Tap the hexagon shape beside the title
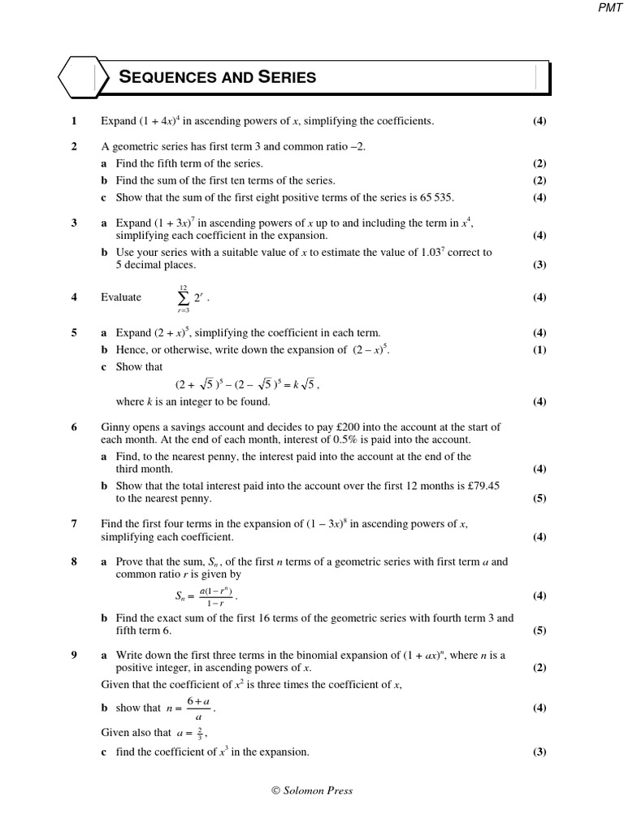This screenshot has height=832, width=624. pos(78,78)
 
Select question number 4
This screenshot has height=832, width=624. pos(74,297)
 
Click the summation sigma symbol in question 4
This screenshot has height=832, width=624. pos(183,298)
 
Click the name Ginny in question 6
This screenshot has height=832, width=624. pos(115,427)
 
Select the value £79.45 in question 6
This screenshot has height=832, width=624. pos(483,485)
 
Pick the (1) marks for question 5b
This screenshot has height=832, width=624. pos(539,350)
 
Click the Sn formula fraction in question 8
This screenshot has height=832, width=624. pos(215,596)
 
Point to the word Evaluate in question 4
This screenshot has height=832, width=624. pos(121,297)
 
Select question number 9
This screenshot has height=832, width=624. pos(74,655)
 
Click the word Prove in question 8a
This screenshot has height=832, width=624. pos(130,561)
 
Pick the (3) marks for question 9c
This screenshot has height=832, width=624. pos(539,752)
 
